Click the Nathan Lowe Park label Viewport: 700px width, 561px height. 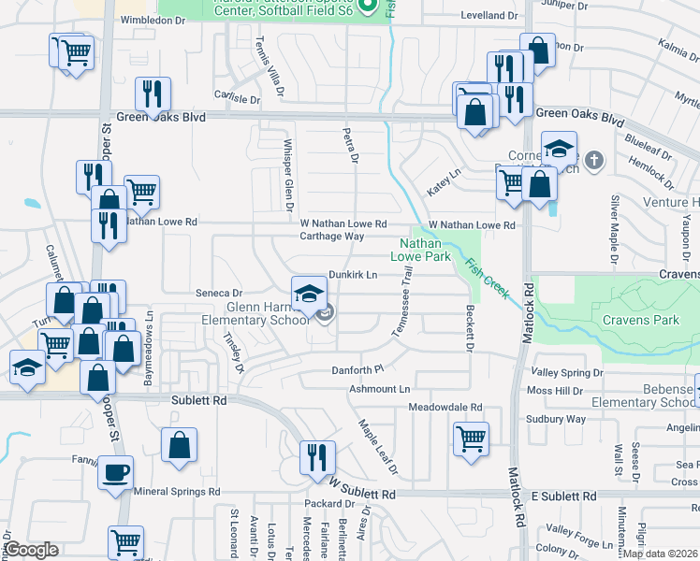pyautogui.click(x=420, y=249)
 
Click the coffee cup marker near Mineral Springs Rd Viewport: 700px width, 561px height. pyautogui.click(x=115, y=472)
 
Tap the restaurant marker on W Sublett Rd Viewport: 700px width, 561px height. pyautogui.click(x=318, y=457)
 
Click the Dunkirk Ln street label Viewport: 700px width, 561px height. pyautogui.click(x=353, y=275)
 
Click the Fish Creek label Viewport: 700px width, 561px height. pyautogui.click(x=487, y=278)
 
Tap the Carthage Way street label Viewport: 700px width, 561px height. pyautogui.click(x=331, y=237)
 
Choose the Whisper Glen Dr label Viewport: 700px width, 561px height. pyautogui.click(x=289, y=175)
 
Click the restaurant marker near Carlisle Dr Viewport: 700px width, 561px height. pyautogui.click(x=152, y=94)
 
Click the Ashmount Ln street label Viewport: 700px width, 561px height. pyautogui.click(x=380, y=388)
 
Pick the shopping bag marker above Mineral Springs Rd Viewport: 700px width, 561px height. pyautogui.click(x=179, y=447)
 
